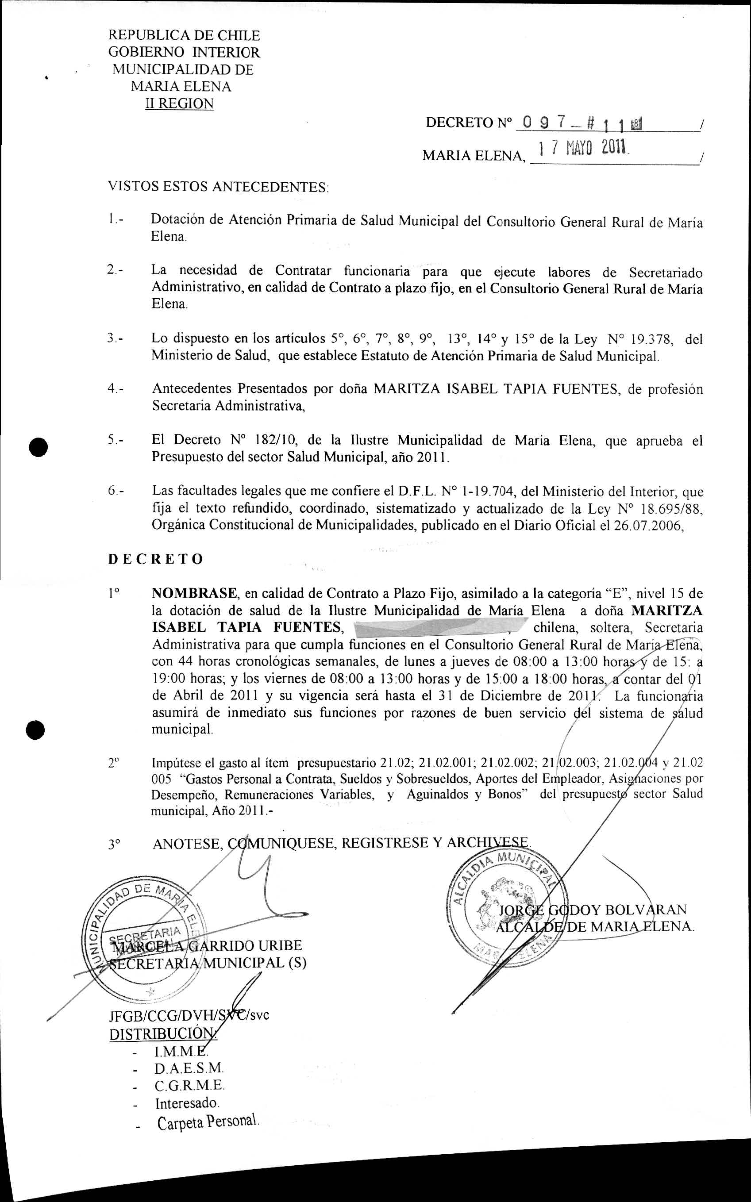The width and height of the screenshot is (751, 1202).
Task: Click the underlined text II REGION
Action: [x=179, y=104]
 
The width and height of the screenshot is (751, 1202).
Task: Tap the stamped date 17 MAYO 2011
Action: [x=585, y=147]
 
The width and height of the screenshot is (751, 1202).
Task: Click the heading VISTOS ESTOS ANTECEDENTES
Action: [x=218, y=187]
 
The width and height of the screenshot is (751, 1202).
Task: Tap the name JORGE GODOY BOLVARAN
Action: [x=593, y=910]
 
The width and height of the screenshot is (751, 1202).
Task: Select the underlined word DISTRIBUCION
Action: [x=162, y=1034]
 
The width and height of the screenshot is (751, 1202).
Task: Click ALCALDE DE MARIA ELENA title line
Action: [x=594, y=926]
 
